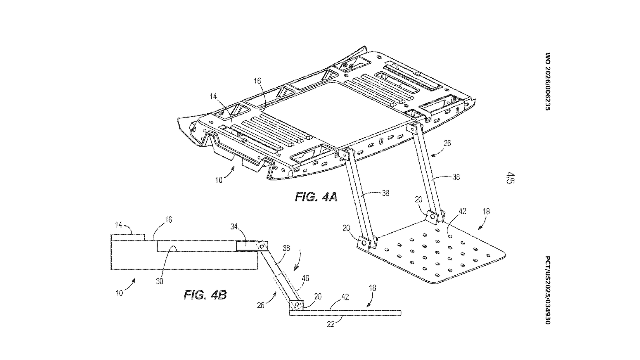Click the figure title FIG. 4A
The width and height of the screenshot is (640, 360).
point(316,197)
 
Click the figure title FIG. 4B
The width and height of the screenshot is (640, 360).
point(205,295)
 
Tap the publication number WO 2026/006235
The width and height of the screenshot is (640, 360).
point(547,82)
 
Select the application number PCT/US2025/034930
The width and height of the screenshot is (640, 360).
point(547,290)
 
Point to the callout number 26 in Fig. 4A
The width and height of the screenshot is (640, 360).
point(447,143)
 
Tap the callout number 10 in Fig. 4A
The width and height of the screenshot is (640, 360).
point(219,180)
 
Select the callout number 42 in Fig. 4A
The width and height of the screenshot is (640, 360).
point(462,211)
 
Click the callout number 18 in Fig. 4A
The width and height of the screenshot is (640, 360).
point(486,211)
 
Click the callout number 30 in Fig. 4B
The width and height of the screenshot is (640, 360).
point(159,282)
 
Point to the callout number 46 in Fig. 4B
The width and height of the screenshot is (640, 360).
point(306,278)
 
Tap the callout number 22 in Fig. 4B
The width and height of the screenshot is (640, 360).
point(330,325)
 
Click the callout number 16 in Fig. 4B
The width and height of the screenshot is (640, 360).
point(168,220)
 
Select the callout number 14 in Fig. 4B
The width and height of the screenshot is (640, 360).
point(119,225)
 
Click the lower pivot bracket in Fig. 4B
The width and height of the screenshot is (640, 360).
point(297,305)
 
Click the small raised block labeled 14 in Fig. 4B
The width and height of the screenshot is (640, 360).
point(128,237)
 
